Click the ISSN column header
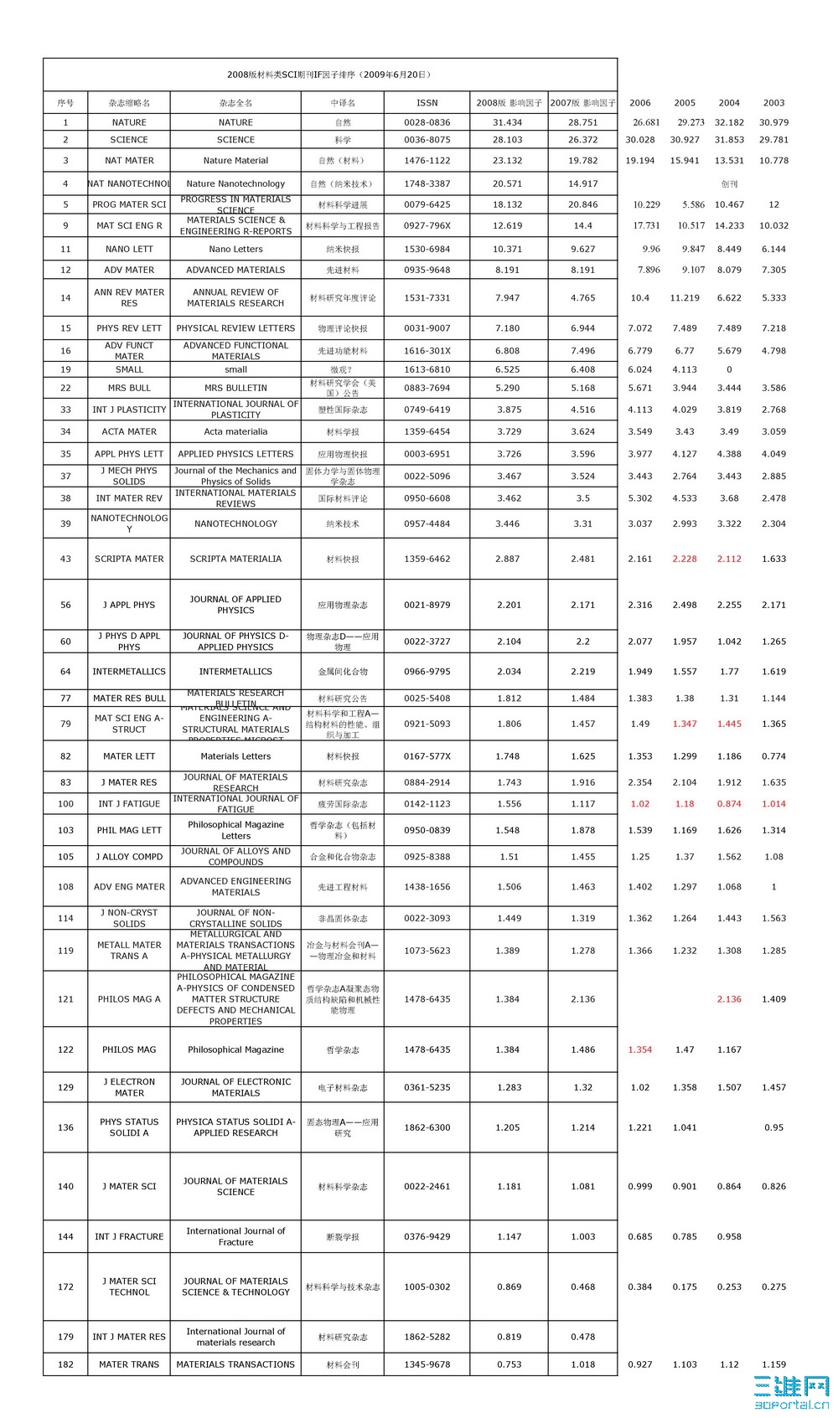click(x=427, y=103)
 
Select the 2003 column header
click(x=773, y=103)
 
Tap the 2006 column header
click(x=639, y=103)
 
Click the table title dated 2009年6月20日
click(x=329, y=75)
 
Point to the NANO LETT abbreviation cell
click(x=129, y=249)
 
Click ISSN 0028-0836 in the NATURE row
click(x=427, y=122)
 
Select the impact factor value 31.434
click(x=507, y=122)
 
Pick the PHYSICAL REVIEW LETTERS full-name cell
click(x=235, y=328)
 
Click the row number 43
click(x=65, y=559)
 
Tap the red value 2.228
click(x=684, y=559)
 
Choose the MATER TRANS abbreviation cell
click(x=129, y=1364)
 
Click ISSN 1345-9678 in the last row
click(x=427, y=1364)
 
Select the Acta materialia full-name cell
click(x=235, y=431)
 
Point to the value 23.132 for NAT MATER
click(x=507, y=160)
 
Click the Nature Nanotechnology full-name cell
click(x=235, y=183)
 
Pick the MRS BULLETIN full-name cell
click(x=235, y=388)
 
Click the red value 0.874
click(x=729, y=803)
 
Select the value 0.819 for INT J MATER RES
click(x=507, y=1337)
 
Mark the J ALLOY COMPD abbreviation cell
click(x=129, y=857)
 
